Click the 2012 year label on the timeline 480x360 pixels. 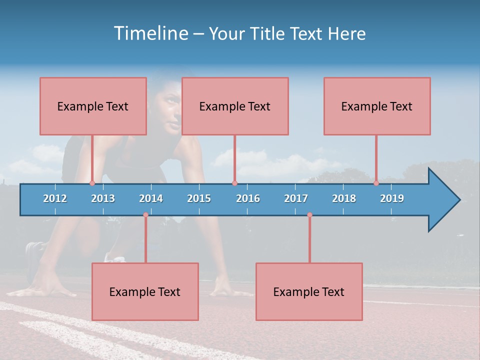tap(55, 198)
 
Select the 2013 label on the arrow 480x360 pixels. tap(103, 198)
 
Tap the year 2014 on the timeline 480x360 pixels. tap(151, 198)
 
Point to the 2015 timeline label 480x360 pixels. tap(199, 198)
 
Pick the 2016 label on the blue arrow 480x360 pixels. tap(248, 198)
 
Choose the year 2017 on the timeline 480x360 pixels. tap(296, 198)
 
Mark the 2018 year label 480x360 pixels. tap(344, 198)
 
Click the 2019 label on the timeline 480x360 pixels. tap(392, 198)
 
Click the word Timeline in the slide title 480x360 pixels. tap(150, 33)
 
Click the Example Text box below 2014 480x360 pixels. tap(145, 291)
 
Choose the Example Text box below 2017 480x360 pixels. tap(309, 291)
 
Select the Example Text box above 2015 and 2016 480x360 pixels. tap(235, 106)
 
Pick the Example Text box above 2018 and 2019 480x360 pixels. tap(377, 106)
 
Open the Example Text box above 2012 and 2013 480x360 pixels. tap(93, 106)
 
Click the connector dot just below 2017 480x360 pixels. tap(309, 215)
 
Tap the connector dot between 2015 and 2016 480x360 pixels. tap(234, 183)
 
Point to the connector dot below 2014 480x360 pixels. tap(145, 215)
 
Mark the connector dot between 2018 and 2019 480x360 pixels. tap(376, 183)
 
